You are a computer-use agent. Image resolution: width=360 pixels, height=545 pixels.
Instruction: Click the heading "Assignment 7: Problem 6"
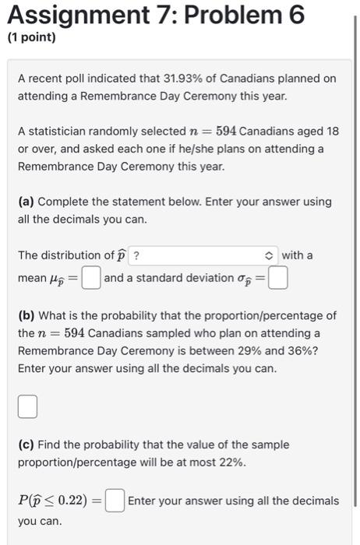point(154,15)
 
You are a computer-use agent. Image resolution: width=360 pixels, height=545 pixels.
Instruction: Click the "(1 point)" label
point(32,37)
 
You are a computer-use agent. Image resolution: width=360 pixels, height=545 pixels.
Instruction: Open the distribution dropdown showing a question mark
point(203,255)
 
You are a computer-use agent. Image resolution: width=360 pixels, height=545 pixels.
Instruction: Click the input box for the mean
point(92,278)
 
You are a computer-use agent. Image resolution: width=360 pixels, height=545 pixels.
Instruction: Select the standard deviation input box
point(278,278)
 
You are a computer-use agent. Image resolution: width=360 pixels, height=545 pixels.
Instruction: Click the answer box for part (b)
point(27,406)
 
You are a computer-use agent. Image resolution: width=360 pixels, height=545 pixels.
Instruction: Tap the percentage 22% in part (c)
point(231,462)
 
